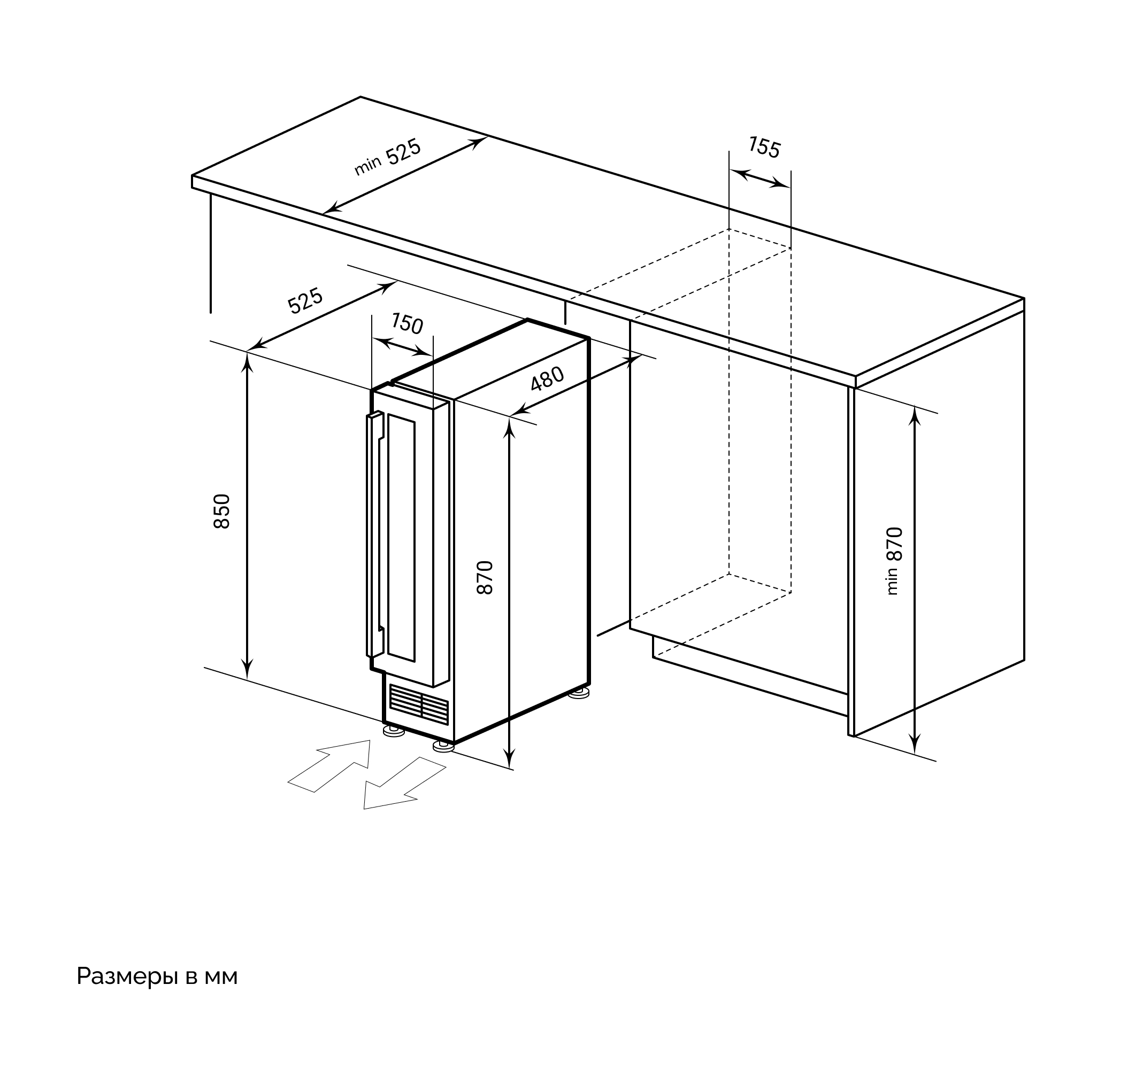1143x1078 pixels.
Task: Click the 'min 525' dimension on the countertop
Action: [x=388, y=157]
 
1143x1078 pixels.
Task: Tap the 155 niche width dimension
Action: [x=764, y=147]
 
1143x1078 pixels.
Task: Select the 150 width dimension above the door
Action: [x=407, y=323]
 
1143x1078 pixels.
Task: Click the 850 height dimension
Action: [x=222, y=511]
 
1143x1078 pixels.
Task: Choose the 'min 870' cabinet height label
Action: [x=894, y=560]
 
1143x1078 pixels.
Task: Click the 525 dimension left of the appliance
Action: [x=305, y=300]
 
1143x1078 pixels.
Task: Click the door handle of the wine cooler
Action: [x=375, y=534]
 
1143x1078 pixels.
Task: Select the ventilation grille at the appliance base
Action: [x=419, y=704]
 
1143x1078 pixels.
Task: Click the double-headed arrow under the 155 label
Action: [x=760, y=178]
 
